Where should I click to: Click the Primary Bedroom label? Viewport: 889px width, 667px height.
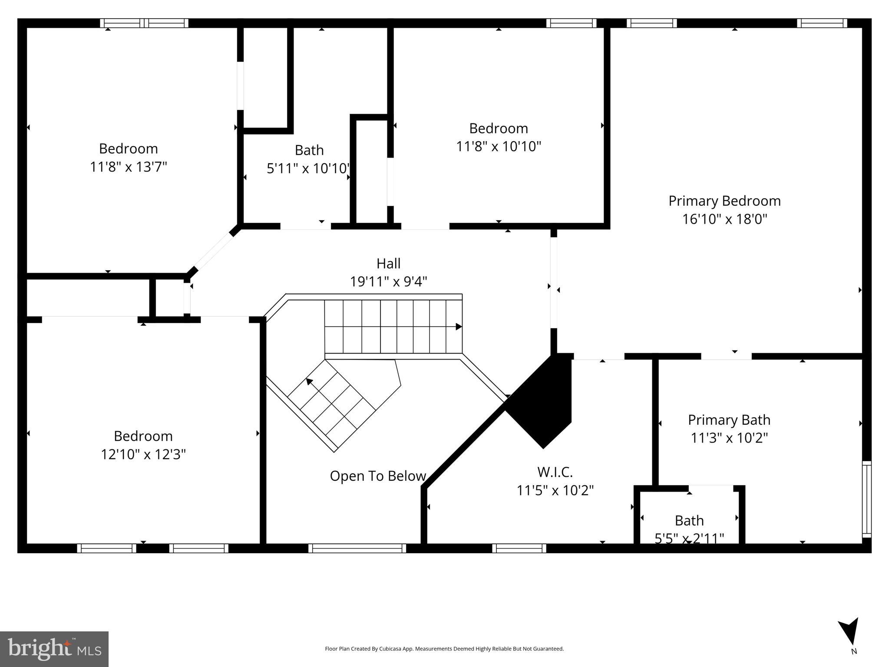tap(724, 201)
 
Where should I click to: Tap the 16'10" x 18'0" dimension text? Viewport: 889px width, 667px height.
tap(724, 219)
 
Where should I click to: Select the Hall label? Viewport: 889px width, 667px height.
tap(388, 264)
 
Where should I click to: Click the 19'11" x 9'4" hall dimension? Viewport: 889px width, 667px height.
tap(388, 282)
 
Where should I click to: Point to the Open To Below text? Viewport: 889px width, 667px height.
tap(377, 476)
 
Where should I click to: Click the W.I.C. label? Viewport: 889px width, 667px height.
tap(555, 472)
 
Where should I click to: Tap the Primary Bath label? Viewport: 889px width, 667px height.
tap(729, 420)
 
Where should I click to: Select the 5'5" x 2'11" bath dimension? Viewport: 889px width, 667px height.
tap(689, 538)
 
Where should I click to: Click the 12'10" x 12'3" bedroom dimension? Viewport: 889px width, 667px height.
tap(143, 454)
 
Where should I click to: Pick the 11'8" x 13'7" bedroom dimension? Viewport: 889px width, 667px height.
tap(128, 167)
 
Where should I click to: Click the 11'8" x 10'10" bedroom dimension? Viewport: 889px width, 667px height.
tap(498, 146)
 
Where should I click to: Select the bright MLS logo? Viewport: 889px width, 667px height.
tap(54, 649)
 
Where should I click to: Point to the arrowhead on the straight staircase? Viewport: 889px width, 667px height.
tap(458, 327)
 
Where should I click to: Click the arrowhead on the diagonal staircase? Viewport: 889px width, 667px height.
tap(309, 382)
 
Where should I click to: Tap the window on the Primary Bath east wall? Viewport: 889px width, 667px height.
tap(866, 499)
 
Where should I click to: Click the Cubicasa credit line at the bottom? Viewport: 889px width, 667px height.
tap(444, 649)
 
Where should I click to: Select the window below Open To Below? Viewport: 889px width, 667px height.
tap(357, 548)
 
